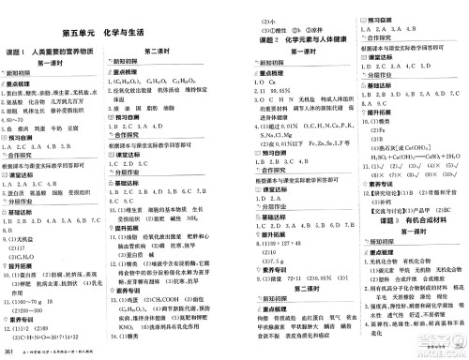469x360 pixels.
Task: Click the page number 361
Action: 10,351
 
